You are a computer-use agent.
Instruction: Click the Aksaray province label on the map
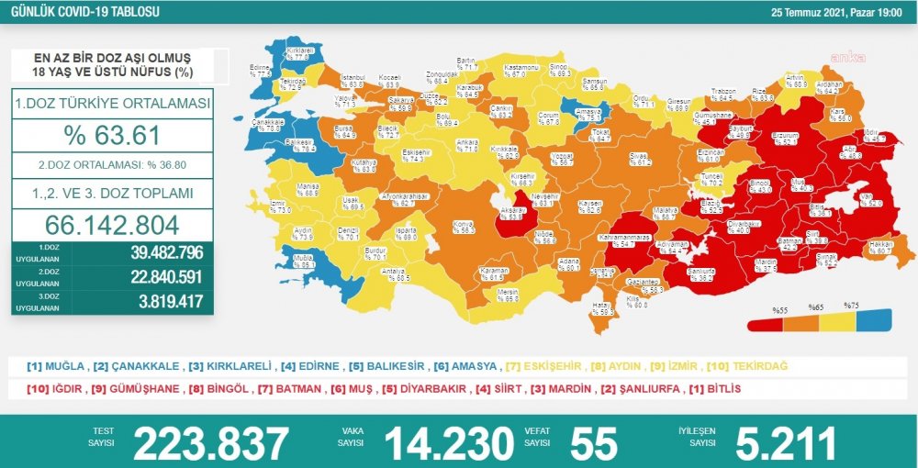511,213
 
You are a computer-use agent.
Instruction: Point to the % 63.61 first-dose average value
112,136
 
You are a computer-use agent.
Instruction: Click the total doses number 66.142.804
112,225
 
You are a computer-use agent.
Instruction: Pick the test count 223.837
210,443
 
